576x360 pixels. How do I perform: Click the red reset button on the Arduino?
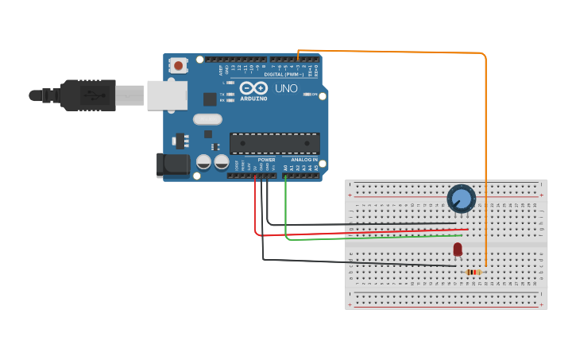pyautogui.click(x=180, y=65)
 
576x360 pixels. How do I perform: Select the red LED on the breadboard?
pyautogui.click(x=458, y=250)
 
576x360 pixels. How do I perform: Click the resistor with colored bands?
pyautogui.click(x=474, y=273)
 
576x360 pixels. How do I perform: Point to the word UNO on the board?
pyautogui.click(x=286, y=88)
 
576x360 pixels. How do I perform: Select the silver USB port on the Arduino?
pyautogui.click(x=166, y=95)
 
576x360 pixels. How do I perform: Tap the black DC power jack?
pyautogui.click(x=175, y=165)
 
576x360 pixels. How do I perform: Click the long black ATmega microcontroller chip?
pyautogui.click(x=274, y=143)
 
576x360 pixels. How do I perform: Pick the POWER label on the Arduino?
pyautogui.click(x=266, y=160)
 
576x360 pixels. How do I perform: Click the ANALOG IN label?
pyautogui.click(x=303, y=160)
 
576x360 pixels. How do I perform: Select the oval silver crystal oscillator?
pyautogui.click(x=207, y=119)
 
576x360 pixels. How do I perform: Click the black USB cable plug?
pyautogui.click(x=87, y=95)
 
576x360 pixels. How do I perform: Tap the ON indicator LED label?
pyautogui.click(x=315, y=95)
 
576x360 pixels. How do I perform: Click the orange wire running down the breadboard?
pyautogui.click(x=485, y=159)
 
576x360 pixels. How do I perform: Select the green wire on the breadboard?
pyautogui.click(x=373, y=238)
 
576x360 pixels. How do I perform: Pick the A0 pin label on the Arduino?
pyautogui.click(x=285, y=168)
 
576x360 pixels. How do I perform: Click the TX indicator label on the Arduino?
pyautogui.click(x=222, y=94)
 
